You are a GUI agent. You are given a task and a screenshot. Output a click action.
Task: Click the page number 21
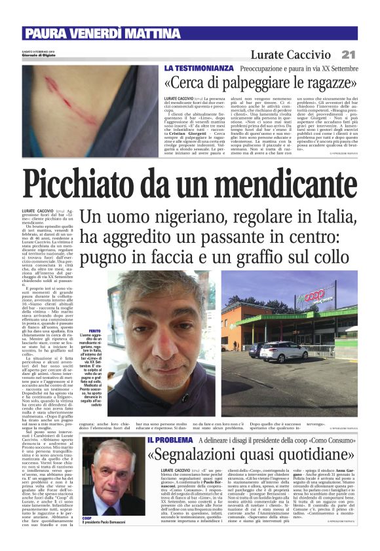pyautogui.click(x=349, y=54)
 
